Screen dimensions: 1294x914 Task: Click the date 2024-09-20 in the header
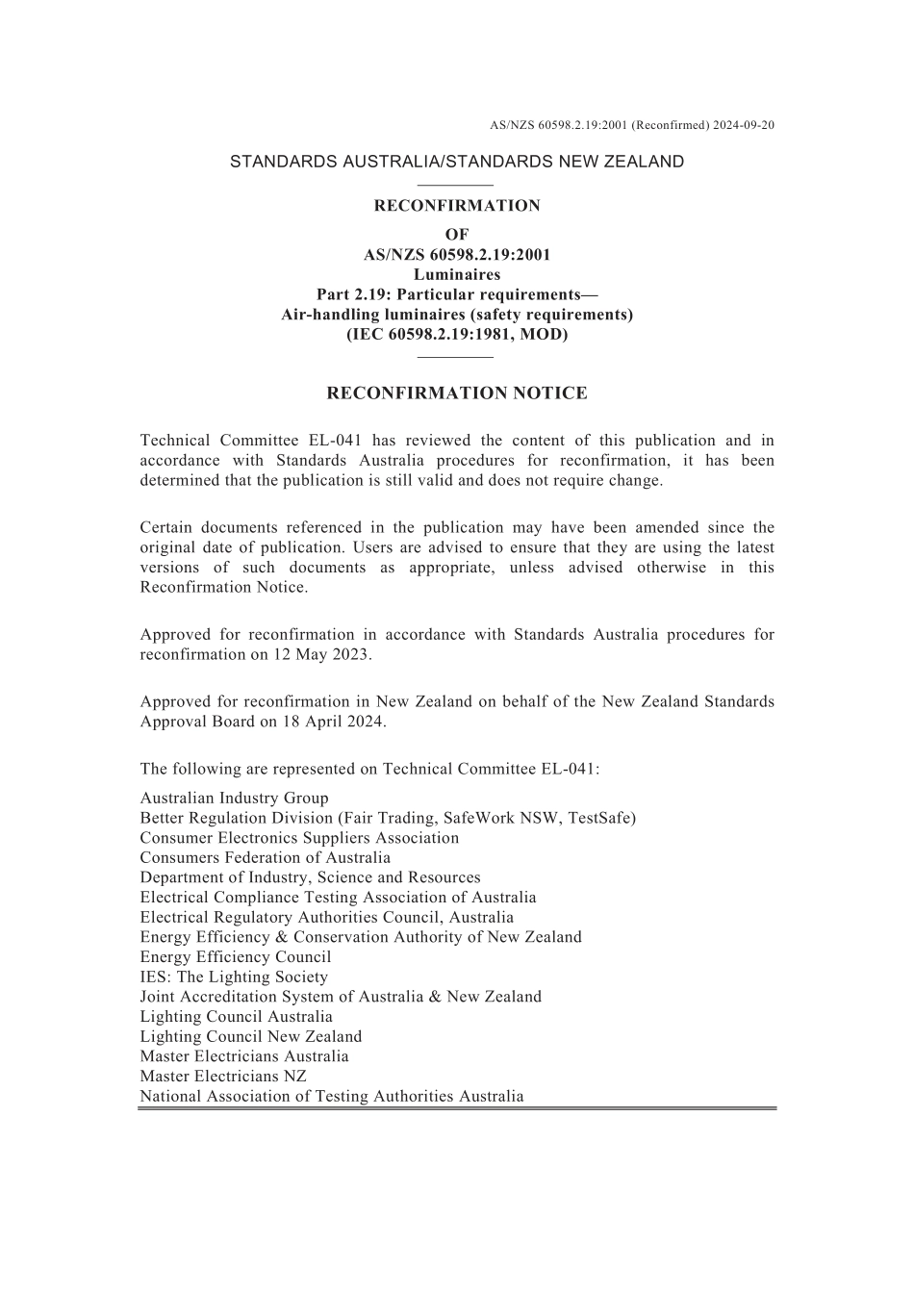(x=744, y=125)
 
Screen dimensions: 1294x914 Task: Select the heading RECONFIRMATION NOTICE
(x=457, y=393)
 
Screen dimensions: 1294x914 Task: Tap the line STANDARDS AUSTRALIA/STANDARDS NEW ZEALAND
(x=457, y=162)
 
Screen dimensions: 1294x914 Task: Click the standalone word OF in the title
(x=457, y=235)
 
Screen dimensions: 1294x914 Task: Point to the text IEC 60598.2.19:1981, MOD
(x=457, y=335)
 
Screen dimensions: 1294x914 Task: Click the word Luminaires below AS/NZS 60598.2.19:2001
(x=457, y=275)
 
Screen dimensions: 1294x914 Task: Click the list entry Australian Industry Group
(x=234, y=798)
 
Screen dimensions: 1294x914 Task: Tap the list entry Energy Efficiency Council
(x=235, y=956)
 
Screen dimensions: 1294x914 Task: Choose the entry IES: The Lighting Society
(x=234, y=977)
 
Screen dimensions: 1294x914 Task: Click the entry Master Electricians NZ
(x=223, y=1076)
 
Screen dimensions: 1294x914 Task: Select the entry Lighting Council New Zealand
(x=251, y=1036)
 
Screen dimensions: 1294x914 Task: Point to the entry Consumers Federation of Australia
(x=266, y=857)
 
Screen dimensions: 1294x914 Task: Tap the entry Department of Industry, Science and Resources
(x=310, y=877)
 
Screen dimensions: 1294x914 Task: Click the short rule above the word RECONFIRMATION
(x=457, y=184)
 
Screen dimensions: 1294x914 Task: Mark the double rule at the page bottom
(x=457, y=1108)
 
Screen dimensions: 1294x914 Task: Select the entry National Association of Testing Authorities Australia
(x=332, y=1096)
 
